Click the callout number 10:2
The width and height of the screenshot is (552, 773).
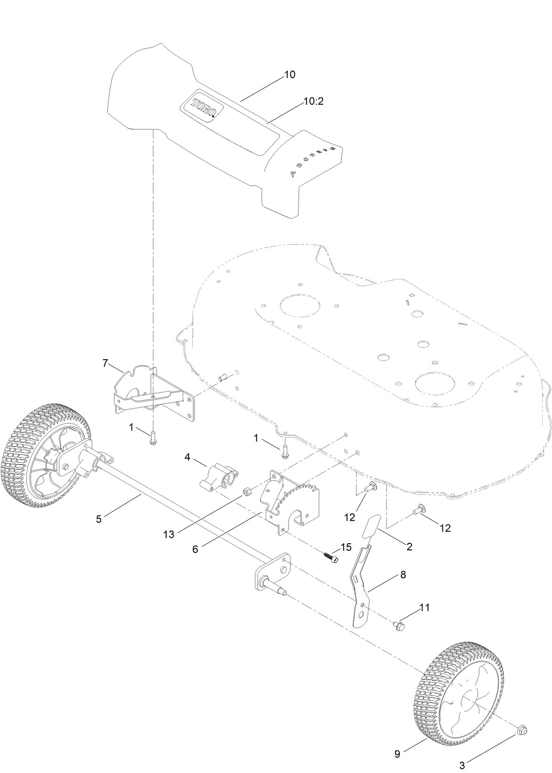coord(313,101)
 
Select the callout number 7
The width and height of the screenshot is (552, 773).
coord(106,363)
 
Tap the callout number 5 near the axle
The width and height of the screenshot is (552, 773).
coord(98,519)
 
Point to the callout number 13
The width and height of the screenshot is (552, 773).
coord(169,534)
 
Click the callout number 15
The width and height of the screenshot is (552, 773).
coord(346,547)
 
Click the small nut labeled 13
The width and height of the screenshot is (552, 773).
coord(245,492)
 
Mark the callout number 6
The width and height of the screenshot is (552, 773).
coord(195,549)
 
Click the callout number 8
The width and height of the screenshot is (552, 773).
coord(403,575)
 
